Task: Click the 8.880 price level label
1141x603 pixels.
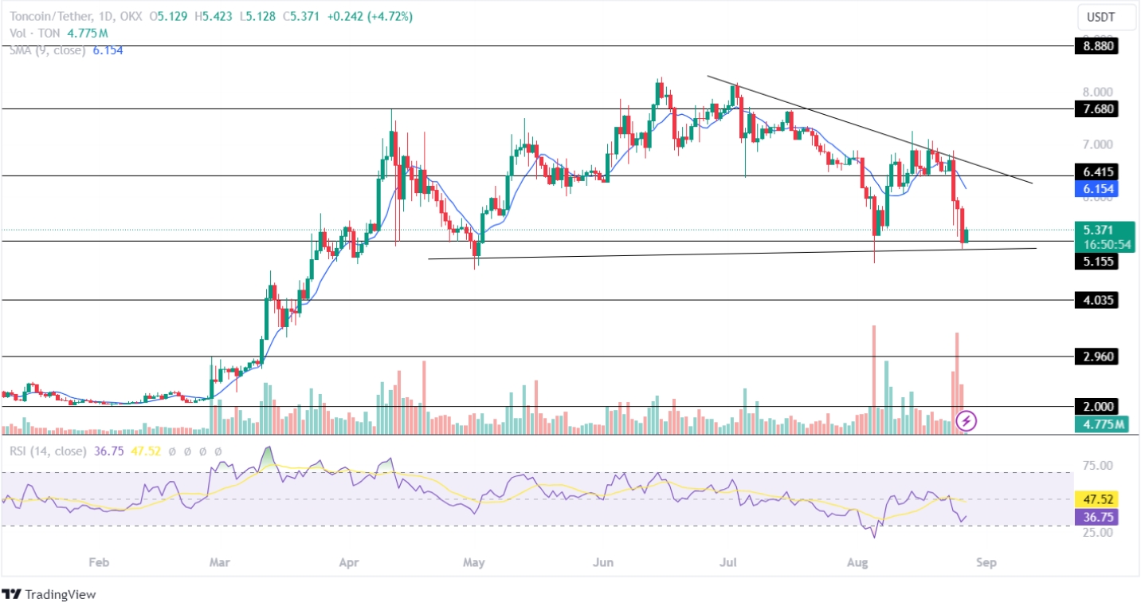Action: [1096, 46]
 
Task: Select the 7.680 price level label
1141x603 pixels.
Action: [1096, 108]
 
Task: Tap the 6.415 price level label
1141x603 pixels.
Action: [1096, 172]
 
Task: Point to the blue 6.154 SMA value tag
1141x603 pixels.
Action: [1096, 189]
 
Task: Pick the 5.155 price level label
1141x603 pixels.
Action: [1096, 261]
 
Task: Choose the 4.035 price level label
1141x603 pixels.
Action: [1096, 301]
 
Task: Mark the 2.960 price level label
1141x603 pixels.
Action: [1096, 357]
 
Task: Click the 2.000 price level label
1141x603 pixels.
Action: [1096, 406]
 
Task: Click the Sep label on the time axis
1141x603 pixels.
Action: [986, 562]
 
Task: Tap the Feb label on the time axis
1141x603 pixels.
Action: [98, 562]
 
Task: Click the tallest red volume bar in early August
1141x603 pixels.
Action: [874, 375]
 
